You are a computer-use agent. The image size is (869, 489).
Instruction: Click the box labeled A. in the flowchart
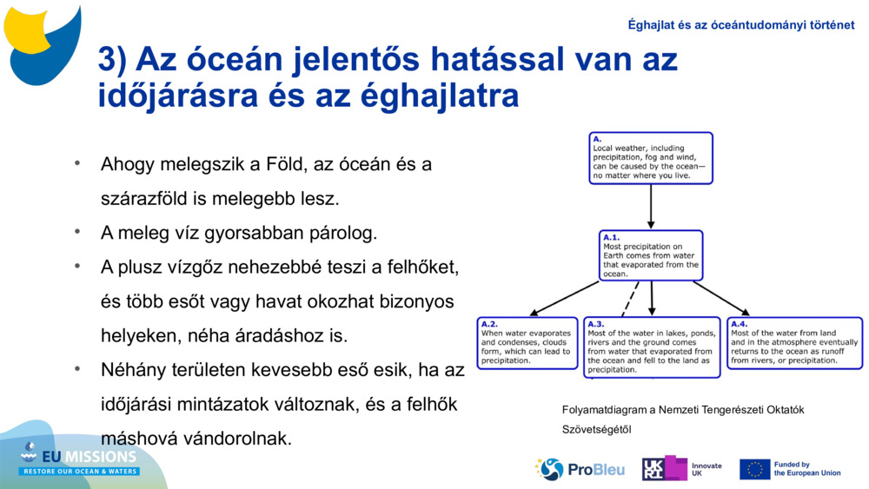[650, 158]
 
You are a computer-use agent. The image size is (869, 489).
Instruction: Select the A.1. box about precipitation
[651, 255]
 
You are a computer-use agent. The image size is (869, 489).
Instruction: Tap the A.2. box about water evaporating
[527, 343]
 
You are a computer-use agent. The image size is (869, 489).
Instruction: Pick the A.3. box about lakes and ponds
[652, 347]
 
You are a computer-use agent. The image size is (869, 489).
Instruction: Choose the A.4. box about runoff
[794, 343]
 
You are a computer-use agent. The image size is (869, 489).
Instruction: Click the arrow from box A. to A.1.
[651, 207]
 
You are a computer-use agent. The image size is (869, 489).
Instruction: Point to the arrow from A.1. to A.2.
[565, 298]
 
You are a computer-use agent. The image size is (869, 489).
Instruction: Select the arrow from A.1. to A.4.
[720, 298]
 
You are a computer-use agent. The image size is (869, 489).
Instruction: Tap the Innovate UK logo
[681, 469]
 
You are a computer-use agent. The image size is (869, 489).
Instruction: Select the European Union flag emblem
[754, 469]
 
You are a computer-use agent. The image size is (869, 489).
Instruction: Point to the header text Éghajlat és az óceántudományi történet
[740, 25]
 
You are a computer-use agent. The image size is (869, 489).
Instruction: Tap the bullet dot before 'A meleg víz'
[77, 232]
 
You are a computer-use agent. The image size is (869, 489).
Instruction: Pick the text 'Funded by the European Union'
[806, 469]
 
